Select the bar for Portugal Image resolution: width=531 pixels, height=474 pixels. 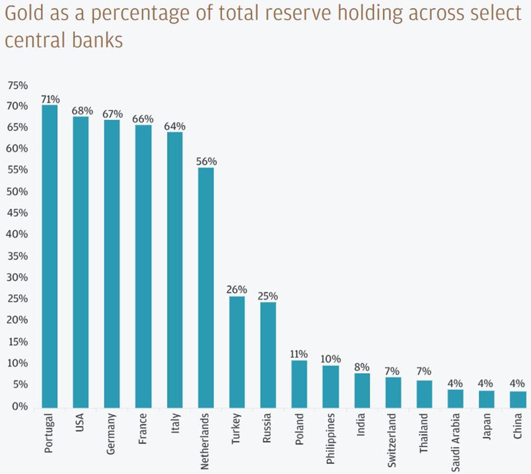(x=49, y=256)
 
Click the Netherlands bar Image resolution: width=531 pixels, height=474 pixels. (x=205, y=288)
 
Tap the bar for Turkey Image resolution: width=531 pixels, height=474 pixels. (x=237, y=352)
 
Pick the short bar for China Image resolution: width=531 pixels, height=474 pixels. (x=518, y=399)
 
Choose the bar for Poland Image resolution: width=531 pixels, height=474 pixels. (x=299, y=384)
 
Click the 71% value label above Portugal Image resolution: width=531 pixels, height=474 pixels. (x=50, y=98)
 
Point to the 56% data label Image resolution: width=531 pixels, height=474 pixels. (x=206, y=162)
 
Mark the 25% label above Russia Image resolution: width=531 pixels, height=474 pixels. (x=268, y=296)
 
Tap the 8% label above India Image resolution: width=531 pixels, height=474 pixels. (x=362, y=367)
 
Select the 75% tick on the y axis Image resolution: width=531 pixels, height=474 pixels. (x=17, y=85)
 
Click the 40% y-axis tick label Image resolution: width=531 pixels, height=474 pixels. (x=17, y=235)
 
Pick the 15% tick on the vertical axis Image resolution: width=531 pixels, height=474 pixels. (x=17, y=343)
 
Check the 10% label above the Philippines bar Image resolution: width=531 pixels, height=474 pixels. (x=330, y=358)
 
